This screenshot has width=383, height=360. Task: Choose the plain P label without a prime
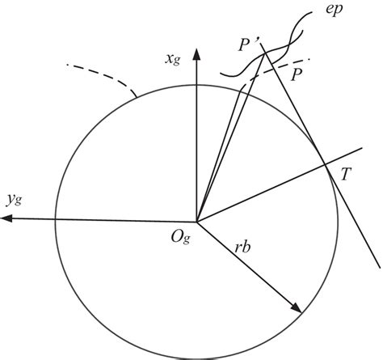[x=298, y=73]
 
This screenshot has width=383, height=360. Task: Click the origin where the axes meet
[x=195, y=220]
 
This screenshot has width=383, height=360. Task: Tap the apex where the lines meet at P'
[x=264, y=53]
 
